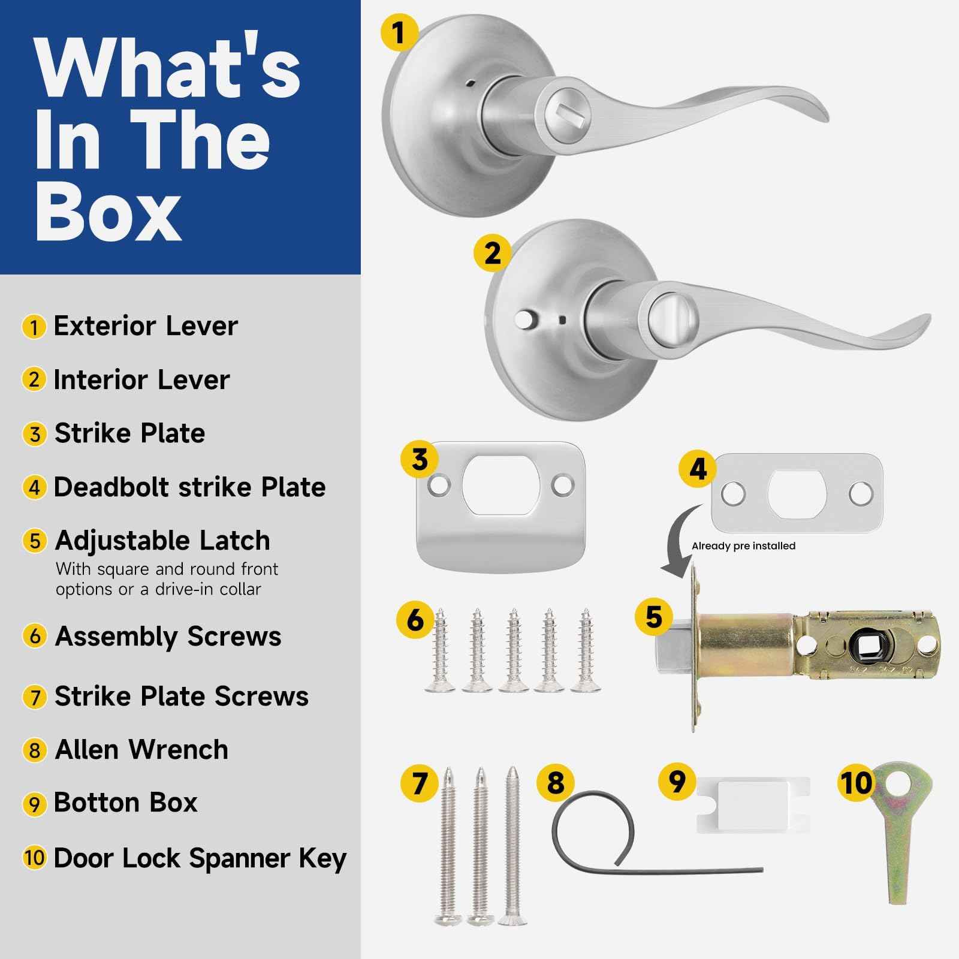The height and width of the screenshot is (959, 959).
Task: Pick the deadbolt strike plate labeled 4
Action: point(797,493)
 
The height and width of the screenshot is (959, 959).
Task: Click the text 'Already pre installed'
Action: point(743,546)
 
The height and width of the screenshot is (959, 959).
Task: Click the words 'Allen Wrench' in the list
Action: point(141,749)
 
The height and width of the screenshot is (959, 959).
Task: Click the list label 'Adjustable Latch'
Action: point(162,541)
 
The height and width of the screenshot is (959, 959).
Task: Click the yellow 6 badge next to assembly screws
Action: point(415,620)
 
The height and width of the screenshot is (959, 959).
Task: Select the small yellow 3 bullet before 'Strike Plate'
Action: point(34,434)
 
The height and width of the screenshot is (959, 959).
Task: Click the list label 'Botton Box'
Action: point(125,803)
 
